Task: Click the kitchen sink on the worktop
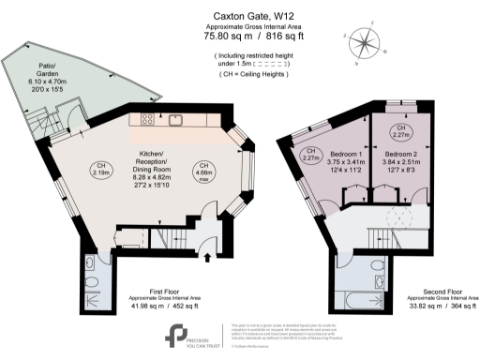coord(175,120)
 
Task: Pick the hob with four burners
coord(147,120)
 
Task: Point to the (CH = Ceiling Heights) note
coord(246,72)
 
